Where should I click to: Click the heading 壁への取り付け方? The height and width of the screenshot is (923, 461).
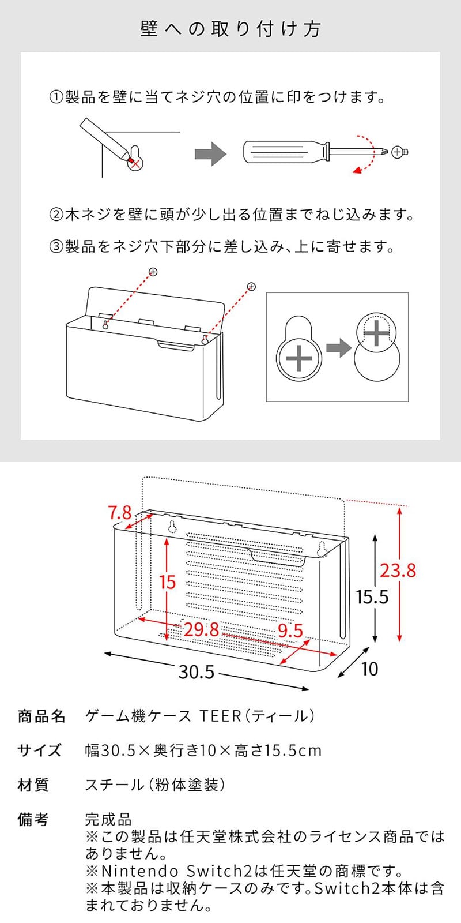[231, 29]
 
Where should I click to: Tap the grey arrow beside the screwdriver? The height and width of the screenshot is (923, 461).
[210, 153]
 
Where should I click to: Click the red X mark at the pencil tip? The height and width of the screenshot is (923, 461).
[135, 163]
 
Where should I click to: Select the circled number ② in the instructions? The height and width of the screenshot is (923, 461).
[55, 215]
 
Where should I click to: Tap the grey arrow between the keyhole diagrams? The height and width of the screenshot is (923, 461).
[338, 348]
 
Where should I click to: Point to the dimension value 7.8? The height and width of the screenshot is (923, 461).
[120, 512]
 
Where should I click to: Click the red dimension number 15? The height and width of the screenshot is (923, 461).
[167, 582]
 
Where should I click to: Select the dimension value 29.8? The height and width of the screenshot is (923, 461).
[201, 629]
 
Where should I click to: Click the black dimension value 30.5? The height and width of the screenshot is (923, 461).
[196, 671]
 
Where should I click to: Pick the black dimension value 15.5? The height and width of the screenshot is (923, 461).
[372, 597]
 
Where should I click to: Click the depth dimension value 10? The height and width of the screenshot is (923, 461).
[369, 669]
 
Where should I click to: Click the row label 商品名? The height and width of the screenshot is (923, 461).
[41, 716]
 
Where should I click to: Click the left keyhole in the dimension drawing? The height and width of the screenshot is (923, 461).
[172, 527]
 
